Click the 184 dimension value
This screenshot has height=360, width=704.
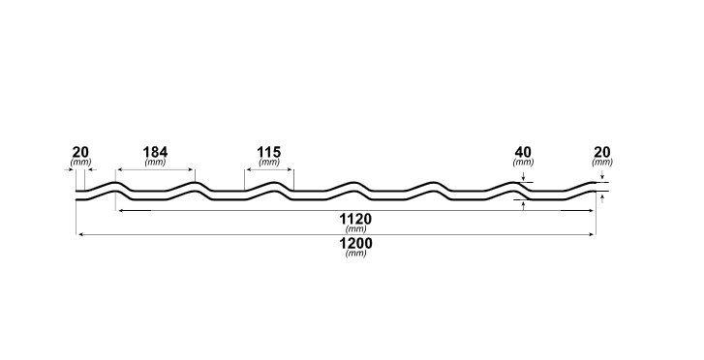click(x=155, y=152)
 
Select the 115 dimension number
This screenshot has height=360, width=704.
click(x=269, y=152)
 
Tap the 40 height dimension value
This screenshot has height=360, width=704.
click(x=523, y=152)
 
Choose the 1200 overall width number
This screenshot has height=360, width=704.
click(x=355, y=243)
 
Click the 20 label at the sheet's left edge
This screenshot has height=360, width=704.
click(x=80, y=152)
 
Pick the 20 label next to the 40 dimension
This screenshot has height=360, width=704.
click(x=602, y=152)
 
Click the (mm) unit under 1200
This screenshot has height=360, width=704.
click(x=355, y=254)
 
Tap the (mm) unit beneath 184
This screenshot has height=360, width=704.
click(x=155, y=163)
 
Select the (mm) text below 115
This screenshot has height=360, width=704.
click(x=269, y=163)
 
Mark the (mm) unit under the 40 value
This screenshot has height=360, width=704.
click(x=523, y=163)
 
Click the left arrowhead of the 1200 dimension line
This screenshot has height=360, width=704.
click(x=79, y=233)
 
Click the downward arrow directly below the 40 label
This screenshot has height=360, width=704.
click(x=523, y=177)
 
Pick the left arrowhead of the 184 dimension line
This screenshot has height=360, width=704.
click(x=118, y=168)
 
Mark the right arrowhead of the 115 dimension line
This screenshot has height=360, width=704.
click(x=291, y=168)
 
